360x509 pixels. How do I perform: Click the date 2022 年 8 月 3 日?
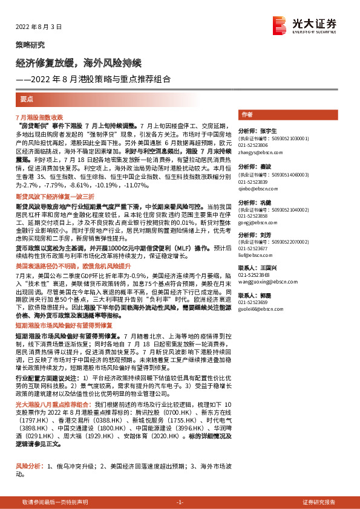(38, 27)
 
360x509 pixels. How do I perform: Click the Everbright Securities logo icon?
(279, 24)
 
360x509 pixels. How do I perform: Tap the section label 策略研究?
(30, 45)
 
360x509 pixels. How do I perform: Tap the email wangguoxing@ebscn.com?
(265, 281)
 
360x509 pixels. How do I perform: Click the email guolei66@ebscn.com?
(260, 308)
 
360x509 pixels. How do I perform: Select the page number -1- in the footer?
(180, 503)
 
